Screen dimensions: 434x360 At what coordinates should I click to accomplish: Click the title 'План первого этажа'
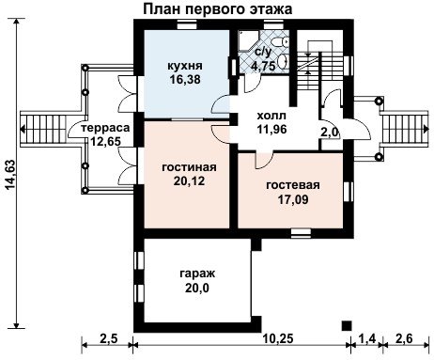[218, 8]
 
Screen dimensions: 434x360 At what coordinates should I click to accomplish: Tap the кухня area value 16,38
[185, 80]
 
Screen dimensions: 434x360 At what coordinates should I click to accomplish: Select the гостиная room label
[189, 167]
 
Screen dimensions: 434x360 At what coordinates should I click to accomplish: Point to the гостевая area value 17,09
[293, 199]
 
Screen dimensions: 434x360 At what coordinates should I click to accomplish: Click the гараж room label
[197, 274]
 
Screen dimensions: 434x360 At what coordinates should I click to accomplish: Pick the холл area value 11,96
[271, 129]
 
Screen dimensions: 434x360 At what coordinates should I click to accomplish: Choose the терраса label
[105, 128]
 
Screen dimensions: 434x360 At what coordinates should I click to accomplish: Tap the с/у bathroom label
[263, 52]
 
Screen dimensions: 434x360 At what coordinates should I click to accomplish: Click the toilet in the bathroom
[281, 41]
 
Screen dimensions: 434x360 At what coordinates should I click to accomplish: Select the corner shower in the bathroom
[247, 40]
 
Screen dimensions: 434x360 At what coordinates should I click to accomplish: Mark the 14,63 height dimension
[10, 174]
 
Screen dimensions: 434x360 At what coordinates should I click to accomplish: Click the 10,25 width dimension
[278, 338]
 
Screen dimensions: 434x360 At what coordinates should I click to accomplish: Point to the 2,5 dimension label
[108, 338]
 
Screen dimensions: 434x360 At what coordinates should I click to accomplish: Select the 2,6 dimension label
[405, 338]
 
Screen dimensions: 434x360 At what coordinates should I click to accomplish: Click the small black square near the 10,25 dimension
[347, 326]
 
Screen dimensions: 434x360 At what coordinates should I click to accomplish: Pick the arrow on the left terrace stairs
[23, 129]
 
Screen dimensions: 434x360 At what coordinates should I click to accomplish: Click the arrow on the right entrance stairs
[426, 129]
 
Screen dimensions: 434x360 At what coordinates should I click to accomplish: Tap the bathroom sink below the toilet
[283, 61]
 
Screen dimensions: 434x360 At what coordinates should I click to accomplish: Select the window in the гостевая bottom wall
[301, 233]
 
